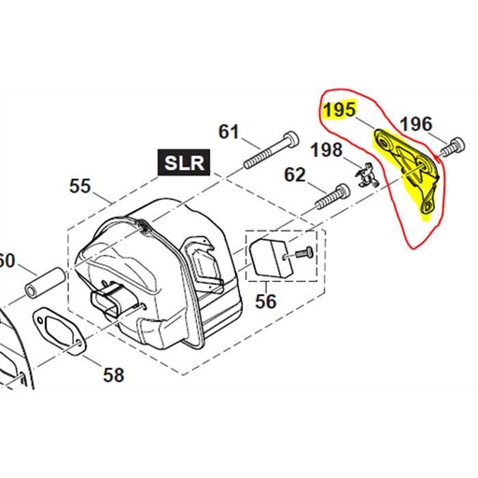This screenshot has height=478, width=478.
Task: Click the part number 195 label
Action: coord(339,109)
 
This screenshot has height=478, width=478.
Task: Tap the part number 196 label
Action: coord(416,124)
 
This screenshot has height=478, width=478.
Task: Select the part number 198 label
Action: coord(327,149)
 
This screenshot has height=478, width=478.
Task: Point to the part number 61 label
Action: coord(229,132)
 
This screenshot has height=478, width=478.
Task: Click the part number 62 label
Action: coord(295,175)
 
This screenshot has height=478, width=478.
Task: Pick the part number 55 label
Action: coord(80,186)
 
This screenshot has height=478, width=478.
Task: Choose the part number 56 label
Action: coord(265,302)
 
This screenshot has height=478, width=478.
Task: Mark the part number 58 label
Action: coord(114,374)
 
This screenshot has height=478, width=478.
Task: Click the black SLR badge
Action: coord(184,162)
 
